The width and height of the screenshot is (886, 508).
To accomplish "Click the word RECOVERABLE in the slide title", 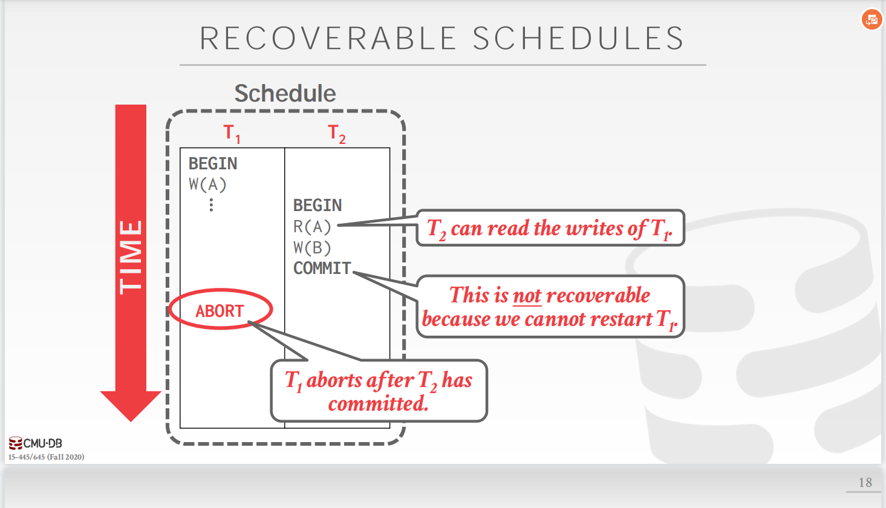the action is pyautogui.click(x=328, y=39).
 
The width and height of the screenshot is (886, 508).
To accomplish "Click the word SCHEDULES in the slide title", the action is pyautogui.click(x=578, y=39).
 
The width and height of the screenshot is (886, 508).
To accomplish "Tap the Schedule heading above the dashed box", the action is pyautogui.click(x=285, y=94).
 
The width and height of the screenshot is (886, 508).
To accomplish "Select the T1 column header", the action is pyautogui.click(x=232, y=133).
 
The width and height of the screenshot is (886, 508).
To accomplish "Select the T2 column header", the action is pyautogui.click(x=337, y=133).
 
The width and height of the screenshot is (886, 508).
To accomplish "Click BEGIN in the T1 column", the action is pyautogui.click(x=213, y=164).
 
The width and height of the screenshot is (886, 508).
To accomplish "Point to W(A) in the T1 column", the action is pyautogui.click(x=207, y=184).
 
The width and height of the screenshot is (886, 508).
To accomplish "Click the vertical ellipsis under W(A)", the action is pyautogui.click(x=211, y=206).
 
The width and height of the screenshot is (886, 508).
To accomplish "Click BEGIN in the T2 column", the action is pyautogui.click(x=318, y=206).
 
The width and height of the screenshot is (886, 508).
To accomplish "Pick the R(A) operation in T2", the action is pyautogui.click(x=312, y=227).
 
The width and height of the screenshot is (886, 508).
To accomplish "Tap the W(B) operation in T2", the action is pyautogui.click(x=312, y=247).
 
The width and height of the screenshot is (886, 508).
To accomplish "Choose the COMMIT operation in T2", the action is pyautogui.click(x=322, y=268).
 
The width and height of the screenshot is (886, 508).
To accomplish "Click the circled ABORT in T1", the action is pyautogui.click(x=220, y=311).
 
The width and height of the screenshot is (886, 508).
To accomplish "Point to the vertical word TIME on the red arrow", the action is pyautogui.click(x=131, y=257).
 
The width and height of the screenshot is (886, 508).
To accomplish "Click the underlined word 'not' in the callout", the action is pyautogui.click(x=527, y=296).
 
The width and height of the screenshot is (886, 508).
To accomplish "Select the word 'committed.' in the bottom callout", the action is pyautogui.click(x=379, y=403).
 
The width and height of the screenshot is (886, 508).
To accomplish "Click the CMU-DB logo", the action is pyautogui.click(x=36, y=443).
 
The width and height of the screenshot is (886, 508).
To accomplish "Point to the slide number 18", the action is pyautogui.click(x=865, y=483).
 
